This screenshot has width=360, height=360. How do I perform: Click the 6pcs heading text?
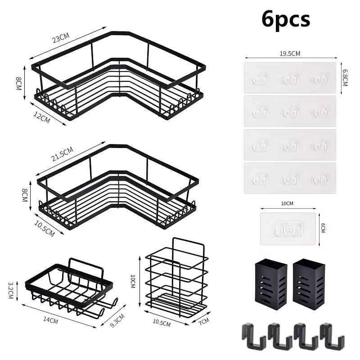[286, 19]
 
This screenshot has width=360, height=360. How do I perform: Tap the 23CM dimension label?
[61, 38]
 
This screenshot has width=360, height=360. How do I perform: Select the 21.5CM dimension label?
[62, 154]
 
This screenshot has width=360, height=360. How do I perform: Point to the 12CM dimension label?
[42, 117]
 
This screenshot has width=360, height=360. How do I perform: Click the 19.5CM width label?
[290, 54]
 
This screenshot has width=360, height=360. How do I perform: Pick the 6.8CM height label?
[345, 77]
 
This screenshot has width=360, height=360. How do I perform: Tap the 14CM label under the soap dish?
[50, 320]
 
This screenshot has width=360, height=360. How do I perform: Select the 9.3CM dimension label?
[117, 320]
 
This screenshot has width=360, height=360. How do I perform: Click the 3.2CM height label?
[11, 290]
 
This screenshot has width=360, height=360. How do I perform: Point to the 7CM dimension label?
[204, 321]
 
